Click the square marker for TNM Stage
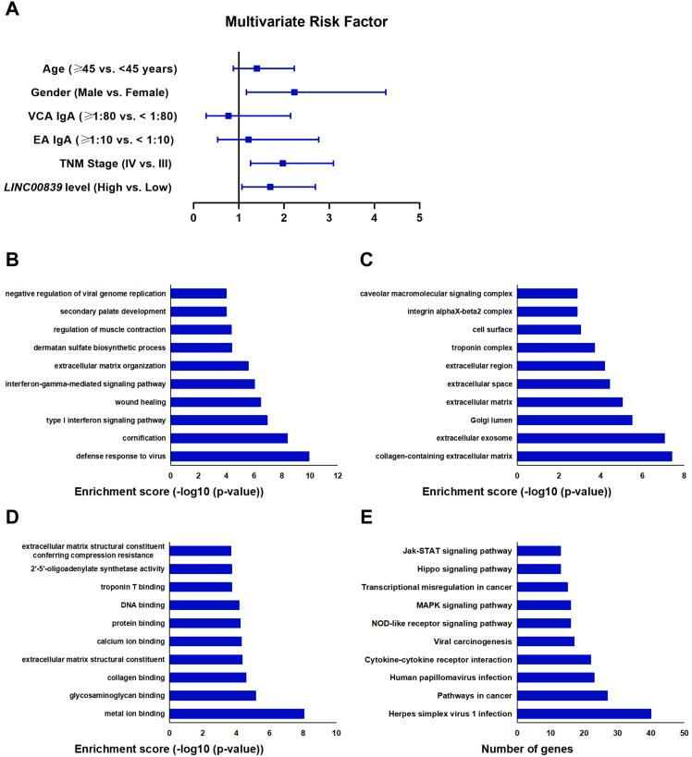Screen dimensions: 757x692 282,164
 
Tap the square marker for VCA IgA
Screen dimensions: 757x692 229,116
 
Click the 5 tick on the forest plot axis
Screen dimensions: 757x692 419,218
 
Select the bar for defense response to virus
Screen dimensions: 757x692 240,456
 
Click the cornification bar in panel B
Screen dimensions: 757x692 229,438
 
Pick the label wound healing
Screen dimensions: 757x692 139,402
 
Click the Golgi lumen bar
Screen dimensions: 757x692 575,420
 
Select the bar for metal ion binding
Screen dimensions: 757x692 237,714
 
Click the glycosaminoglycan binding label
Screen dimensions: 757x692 115,695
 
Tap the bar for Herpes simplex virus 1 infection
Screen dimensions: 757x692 584,714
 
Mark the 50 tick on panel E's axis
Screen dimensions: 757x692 683,732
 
